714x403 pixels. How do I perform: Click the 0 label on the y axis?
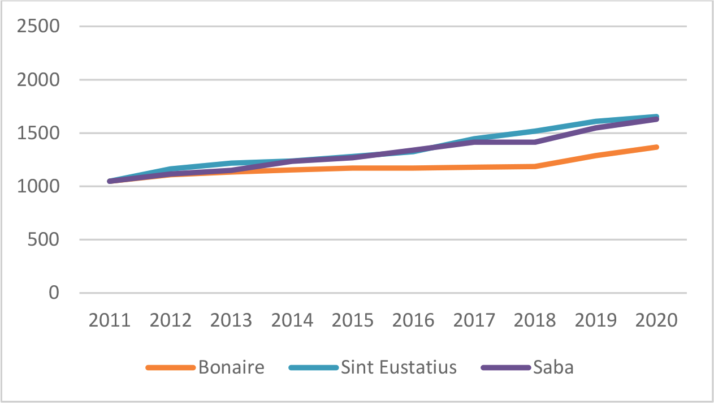[54, 293]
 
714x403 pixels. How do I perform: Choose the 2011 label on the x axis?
[110, 320]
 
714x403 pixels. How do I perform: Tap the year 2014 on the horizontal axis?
[292, 320]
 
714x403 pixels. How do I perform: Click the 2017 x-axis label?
[474, 320]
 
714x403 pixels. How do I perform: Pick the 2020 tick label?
[656, 320]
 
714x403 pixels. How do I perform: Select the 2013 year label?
[231, 320]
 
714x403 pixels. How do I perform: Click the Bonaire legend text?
[231, 367]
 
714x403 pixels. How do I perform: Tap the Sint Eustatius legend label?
[399, 367]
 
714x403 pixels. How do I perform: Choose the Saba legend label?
[553, 367]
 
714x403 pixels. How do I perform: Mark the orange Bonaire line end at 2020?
[656, 147]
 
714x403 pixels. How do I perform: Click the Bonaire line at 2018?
[535, 166]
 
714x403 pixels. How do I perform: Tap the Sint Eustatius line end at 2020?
[656, 117]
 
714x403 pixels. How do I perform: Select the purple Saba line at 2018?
[535, 142]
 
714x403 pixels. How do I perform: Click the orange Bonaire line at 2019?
[596, 156]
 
